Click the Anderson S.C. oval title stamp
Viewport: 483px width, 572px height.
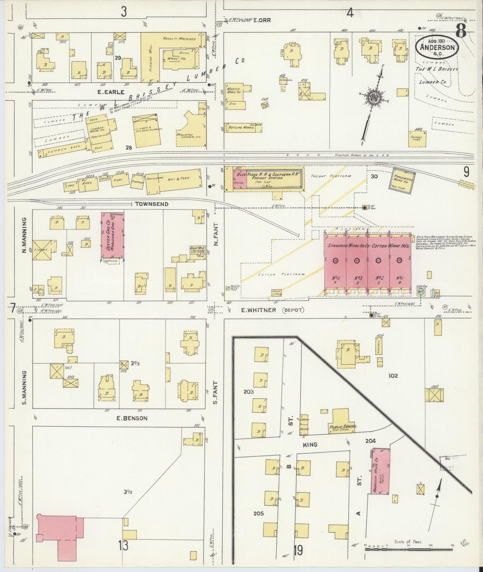coord(437,47)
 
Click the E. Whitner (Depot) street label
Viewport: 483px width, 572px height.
coord(272,310)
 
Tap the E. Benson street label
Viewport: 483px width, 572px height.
coord(132,418)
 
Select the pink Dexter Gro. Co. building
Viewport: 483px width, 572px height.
coord(113,235)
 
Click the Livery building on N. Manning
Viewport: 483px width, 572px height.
coord(42,250)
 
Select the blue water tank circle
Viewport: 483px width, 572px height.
coord(421,291)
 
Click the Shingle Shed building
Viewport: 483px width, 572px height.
coord(417,138)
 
